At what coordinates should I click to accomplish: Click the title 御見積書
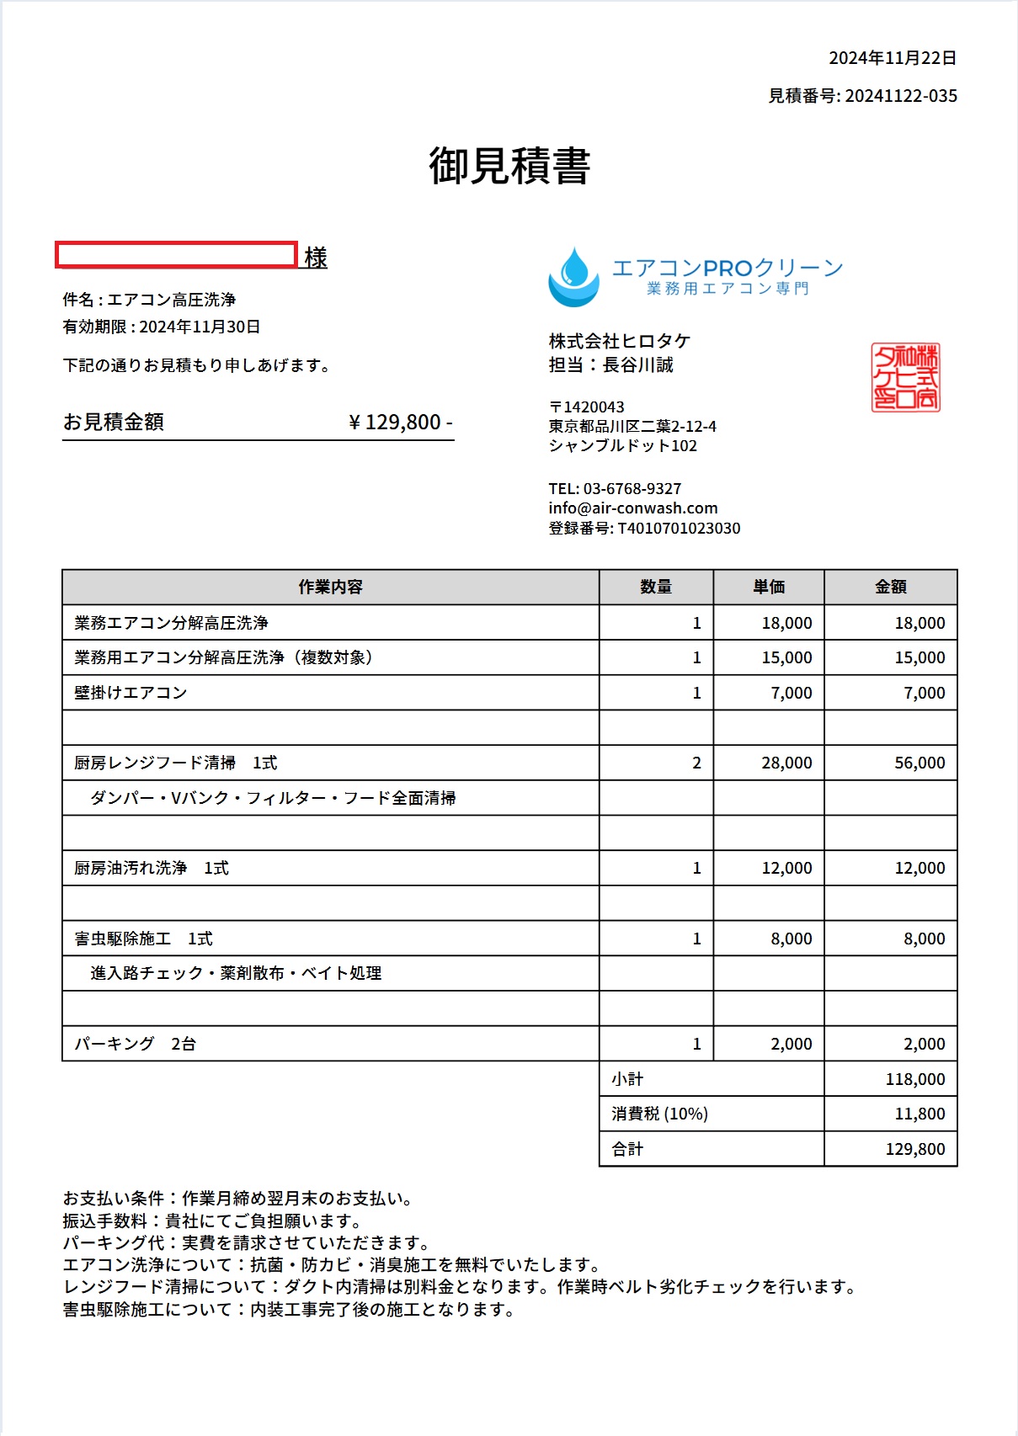point(509,165)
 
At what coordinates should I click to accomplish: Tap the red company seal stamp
point(905,377)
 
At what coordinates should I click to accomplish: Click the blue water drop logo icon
point(573,277)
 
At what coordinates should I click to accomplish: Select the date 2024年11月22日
point(893,58)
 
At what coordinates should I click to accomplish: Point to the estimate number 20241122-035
point(901,96)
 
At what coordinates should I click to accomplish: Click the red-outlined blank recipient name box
point(176,255)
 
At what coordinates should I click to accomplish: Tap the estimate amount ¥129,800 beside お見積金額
point(400,422)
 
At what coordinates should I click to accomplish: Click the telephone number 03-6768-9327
point(632,489)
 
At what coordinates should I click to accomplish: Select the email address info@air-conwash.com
point(633,508)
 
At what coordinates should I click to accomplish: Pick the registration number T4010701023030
point(679,529)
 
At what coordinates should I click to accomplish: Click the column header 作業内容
point(330,587)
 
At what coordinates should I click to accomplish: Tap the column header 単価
point(769,587)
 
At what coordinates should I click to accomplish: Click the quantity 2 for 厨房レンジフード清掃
point(696,763)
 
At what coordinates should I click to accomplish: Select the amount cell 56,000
point(919,763)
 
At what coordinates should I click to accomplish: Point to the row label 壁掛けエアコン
point(131,693)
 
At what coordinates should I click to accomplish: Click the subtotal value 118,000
point(915,1079)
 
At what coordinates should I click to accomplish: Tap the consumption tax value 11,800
point(919,1114)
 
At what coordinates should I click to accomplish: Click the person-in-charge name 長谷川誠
point(638,365)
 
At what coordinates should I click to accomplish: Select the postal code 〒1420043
point(587,407)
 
